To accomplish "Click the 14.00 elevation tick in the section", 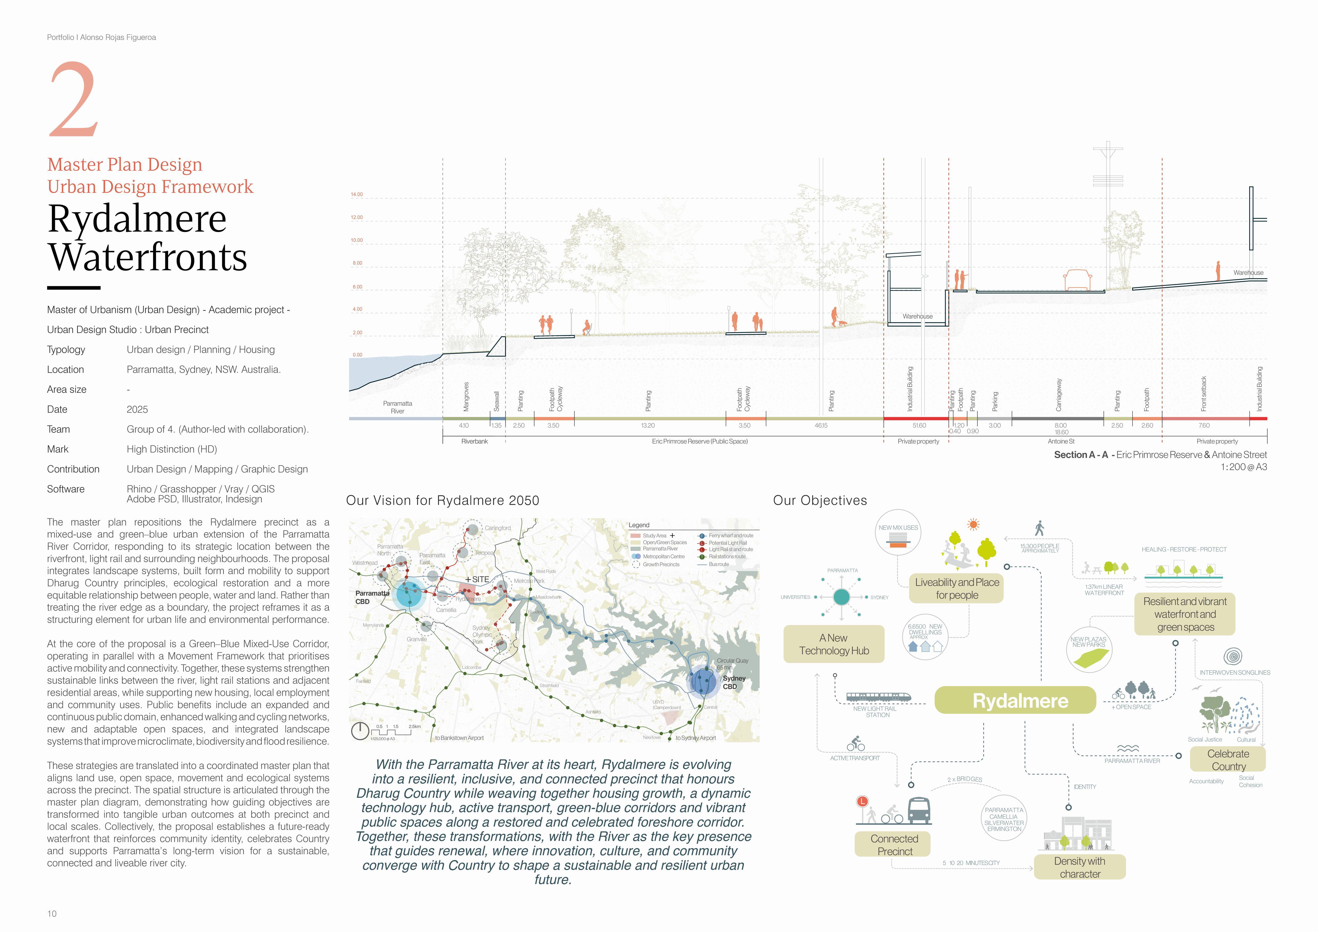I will coord(357,194).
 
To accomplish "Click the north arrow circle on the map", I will coord(360,731).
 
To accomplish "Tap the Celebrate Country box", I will coord(1228,760).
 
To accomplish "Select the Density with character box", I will coord(1080,867).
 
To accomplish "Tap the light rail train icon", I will coord(878,697).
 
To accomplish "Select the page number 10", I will coord(52,914).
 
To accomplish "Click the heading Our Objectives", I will coord(820,501).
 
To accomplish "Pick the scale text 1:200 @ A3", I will coord(1243,467).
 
